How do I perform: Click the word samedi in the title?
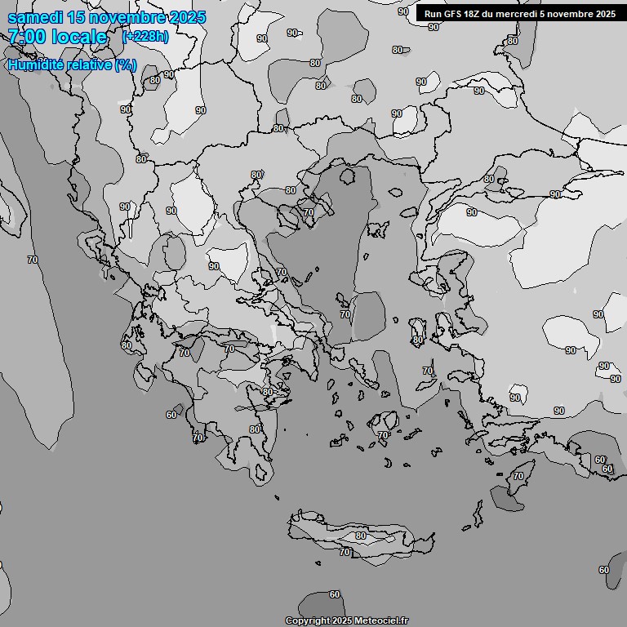33,17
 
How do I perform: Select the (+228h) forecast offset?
145,37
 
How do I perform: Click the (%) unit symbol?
126,64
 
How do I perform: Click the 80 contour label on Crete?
361,536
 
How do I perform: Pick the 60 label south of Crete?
334,594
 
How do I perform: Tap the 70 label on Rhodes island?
518,475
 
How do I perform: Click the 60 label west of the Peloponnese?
171,415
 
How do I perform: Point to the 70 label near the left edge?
32,260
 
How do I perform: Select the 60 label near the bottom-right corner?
603,570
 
